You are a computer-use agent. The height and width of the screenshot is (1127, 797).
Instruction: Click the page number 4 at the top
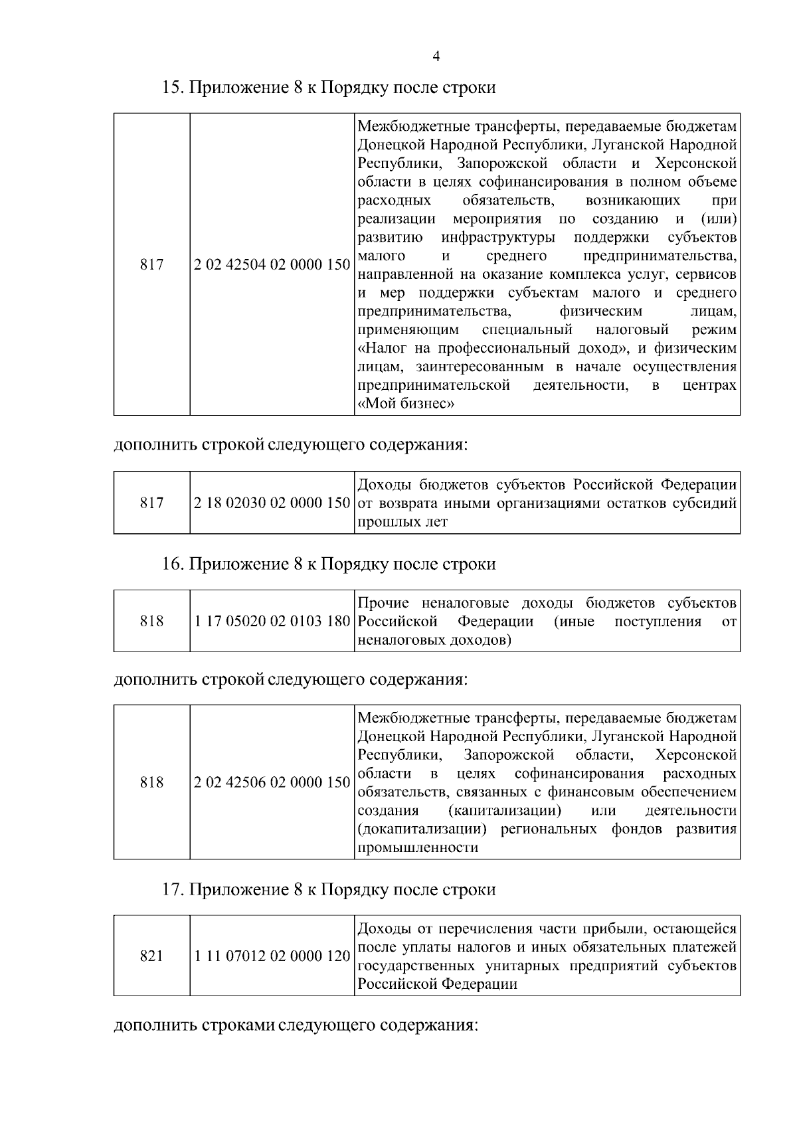coord(436,56)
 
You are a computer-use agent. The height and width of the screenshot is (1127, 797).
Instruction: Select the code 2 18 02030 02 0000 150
coord(272,503)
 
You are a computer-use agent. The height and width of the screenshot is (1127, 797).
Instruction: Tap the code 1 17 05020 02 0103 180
coord(272,622)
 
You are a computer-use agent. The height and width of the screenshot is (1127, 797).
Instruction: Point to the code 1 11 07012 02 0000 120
coord(272,957)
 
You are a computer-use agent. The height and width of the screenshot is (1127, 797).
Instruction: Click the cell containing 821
coord(152,957)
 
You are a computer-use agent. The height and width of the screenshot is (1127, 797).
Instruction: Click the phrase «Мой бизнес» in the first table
coord(406,404)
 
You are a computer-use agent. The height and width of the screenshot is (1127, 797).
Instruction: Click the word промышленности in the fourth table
coord(418,848)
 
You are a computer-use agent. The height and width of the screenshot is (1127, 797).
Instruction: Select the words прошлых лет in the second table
coord(402,523)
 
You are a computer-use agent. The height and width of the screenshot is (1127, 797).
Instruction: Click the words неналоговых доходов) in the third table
coord(434,641)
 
